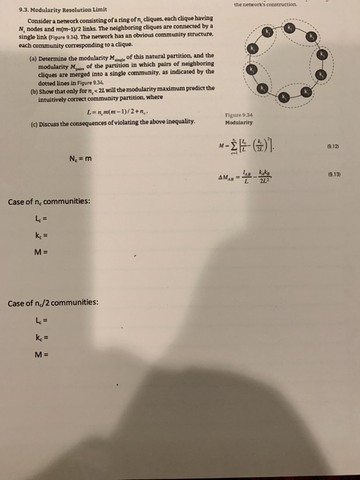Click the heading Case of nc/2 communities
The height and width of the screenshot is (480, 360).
(x=52, y=302)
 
